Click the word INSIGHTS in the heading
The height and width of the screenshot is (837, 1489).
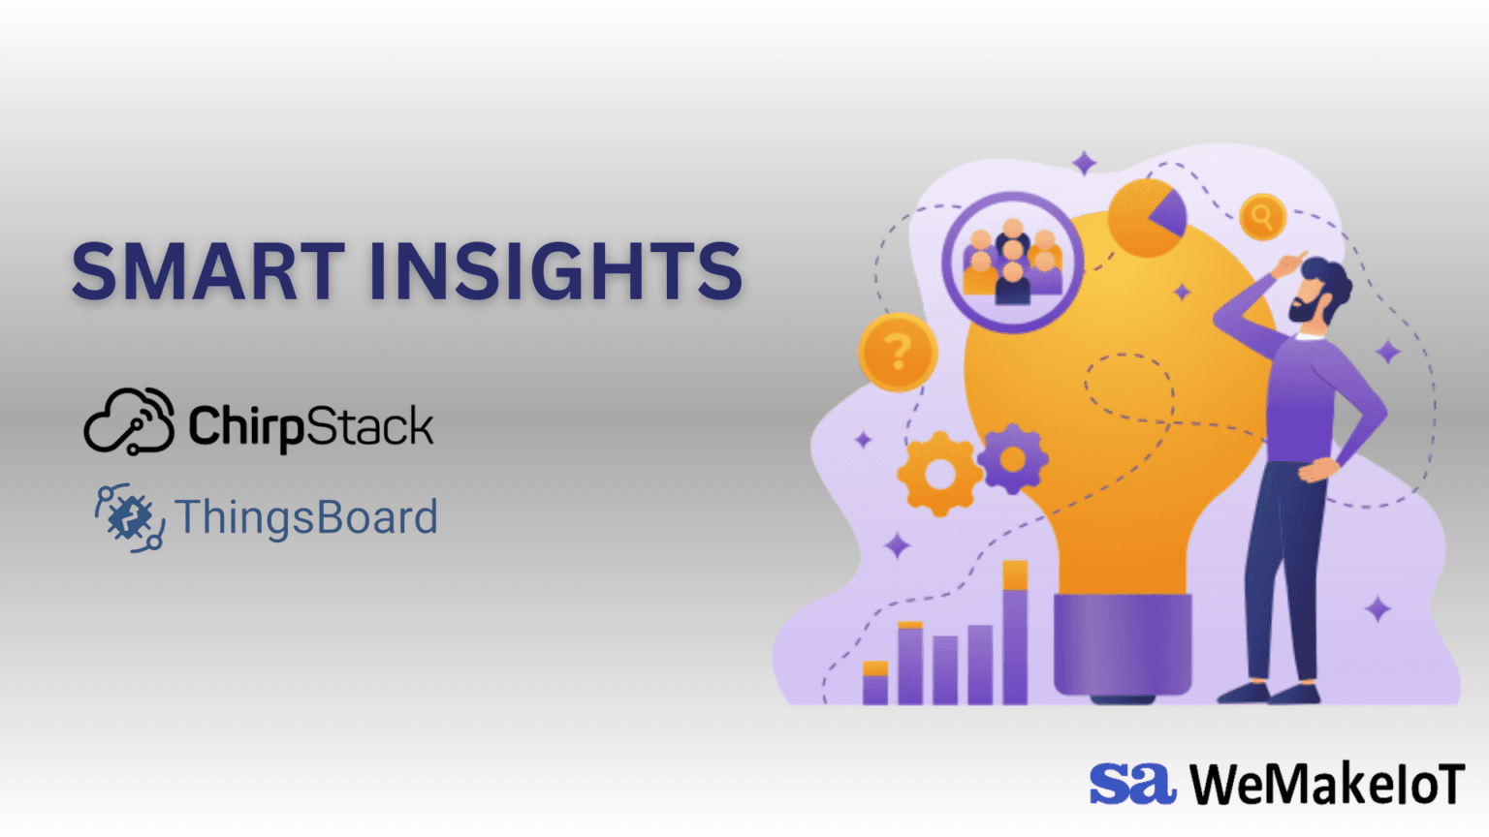(x=555, y=271)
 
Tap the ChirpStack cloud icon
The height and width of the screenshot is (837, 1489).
(x=129, y=422)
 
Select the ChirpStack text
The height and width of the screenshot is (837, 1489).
(x=311, y=426)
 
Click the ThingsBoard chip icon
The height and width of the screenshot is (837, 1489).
(x=129, y=517)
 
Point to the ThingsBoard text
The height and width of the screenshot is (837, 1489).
(x=306, y=517)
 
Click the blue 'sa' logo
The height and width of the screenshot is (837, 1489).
(x=1131, y=784)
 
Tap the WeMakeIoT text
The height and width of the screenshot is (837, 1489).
(x=1327, y=784)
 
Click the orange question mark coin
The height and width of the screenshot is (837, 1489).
(x=898, y=352)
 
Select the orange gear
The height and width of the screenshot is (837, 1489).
(x=938, y=475)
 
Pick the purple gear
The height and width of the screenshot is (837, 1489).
(x=1012, y=458)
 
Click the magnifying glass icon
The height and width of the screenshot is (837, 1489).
(x=1262, y=216)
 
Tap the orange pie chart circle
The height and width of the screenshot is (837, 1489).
(x=1147, y=217)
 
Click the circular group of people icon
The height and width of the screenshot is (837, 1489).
(x=1012, y=262)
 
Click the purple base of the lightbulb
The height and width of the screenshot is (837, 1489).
(x=1123, y=644)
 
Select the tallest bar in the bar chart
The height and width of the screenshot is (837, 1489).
(x=1015, y=634)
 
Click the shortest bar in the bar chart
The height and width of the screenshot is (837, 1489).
(x=874, y=683)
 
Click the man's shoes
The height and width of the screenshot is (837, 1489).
(x=1270, y=693)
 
